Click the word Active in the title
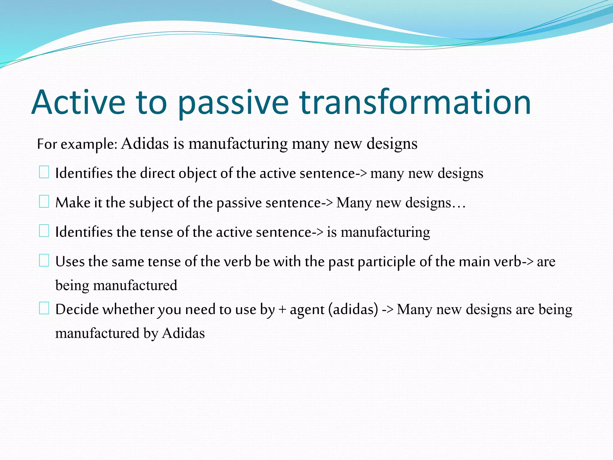pyautogui.click(x=78, y=102)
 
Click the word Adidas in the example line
pyautogui.click(x=145, y=143)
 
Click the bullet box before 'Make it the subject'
pyautogui.click(x=44, y=202)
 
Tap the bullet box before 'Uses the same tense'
pyautogui.click(x=44, y=261)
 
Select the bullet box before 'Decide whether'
pyautogui.click(x=44, y=308)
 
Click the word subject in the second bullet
pyautogui.click(x=151, y=203)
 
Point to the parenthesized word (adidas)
pyautogui.click(x=353, y=309)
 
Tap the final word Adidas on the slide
pyautogui.click(x=183, y=333)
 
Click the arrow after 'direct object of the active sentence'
pyautogui.click(x=361, y=174)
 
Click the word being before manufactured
pyautogui.click(x=72, y=286)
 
